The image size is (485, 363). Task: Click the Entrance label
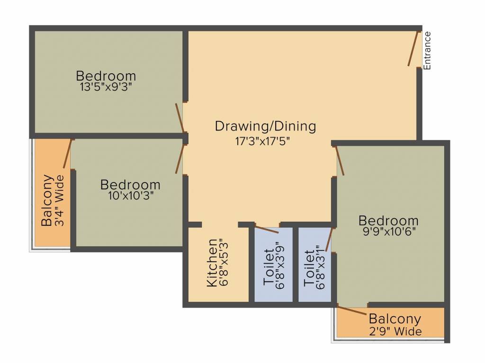point(427,51)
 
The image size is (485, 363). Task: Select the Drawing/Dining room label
point(265,126)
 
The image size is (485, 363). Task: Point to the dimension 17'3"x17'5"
point(265,140)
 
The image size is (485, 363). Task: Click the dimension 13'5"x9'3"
point(106,87)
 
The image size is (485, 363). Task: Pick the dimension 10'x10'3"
point(130,195)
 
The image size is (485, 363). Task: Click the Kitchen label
point(213,262)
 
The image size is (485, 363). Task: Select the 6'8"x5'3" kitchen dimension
point(225,262)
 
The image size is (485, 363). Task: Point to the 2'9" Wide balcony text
point(395,331)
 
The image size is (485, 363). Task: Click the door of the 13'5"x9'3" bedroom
point(180,118)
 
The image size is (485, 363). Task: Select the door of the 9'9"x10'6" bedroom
point(339,161)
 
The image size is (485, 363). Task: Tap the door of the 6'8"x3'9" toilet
point(267,229)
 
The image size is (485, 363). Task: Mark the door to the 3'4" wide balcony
point(67,154)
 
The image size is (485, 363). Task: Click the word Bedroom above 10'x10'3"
point(130,184)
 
